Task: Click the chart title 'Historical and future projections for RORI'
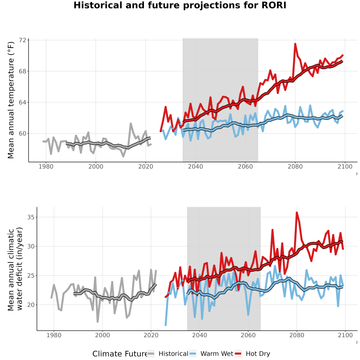[x=180, y=5]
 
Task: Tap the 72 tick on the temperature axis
[x=22, y=40]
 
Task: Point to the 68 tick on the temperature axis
[x=22, y=72]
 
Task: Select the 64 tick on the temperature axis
[x=22, y=102]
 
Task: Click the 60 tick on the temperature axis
[x=22, y=133]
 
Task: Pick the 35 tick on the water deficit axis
[x=31, y=217]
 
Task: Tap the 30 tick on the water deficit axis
[x=31, y=246]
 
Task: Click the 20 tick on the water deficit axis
[x=31, y=305]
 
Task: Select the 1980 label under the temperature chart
[x=46, y=166]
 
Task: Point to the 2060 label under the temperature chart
[x=245, y=166]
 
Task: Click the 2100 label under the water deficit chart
[x=345, y=335]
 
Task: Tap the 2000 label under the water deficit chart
[x=102, y=335]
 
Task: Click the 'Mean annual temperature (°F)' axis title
[x=11, y=100]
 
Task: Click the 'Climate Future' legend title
[x=120, y=354]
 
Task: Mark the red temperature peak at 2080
[x=295, y=44]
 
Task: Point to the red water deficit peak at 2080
[x=297, y=212]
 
